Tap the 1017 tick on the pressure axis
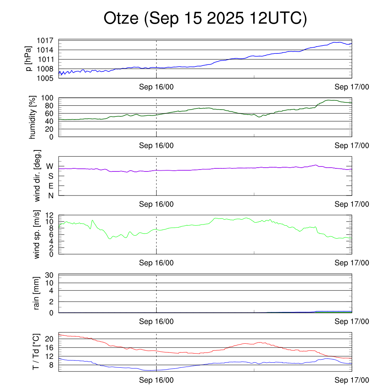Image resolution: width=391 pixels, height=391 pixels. [x=48, y=40]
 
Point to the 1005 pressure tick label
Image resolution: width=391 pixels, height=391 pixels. [x=48, y=78]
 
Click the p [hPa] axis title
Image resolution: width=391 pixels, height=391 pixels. [x=28, y=58]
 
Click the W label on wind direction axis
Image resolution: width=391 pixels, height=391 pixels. [x=50, y=166]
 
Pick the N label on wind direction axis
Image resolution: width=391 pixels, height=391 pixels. [x=50, y=195]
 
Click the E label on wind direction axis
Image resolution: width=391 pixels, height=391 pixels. [x=50, y=186]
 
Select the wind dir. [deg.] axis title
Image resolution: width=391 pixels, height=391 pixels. [x=37, y=176]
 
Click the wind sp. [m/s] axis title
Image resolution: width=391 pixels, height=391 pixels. [x=37, y=234]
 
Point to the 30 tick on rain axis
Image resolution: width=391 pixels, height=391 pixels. [x=50, y=275]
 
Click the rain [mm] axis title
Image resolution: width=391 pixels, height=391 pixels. [x=37, y=293]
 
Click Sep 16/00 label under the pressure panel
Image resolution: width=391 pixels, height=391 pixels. [x=156, y=87]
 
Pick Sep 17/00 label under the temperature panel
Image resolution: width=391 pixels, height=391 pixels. [x=352, y=380]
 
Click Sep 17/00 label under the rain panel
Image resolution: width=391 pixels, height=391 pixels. [x=352, y=322]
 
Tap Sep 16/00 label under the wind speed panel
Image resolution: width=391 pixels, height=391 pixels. [x=156, y=263]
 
